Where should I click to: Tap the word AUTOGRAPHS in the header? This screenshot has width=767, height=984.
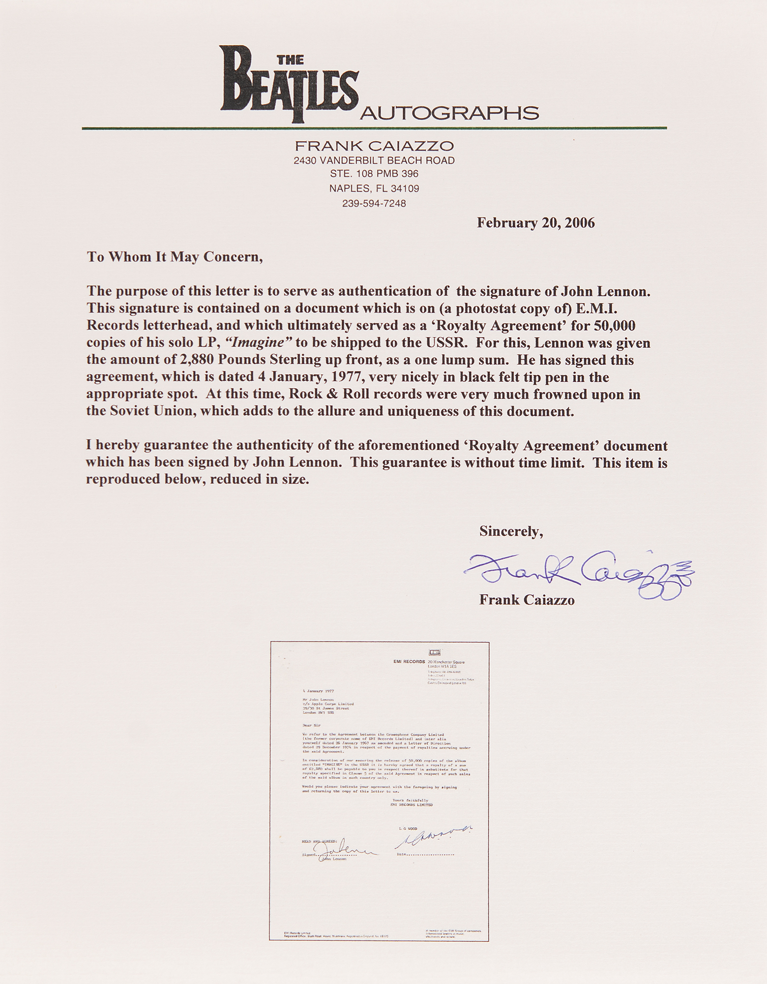(x=449, y=114)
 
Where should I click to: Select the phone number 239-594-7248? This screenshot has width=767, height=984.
(x=374, y=203)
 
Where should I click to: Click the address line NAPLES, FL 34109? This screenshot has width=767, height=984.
(x=374, y=188)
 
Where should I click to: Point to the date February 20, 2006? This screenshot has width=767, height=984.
(x=535, y=223)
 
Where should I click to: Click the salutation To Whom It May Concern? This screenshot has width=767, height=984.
(x=175, y=257)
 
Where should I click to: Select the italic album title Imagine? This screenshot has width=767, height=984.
(x=259, y=343)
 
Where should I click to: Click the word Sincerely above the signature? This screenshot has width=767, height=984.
(x=511, y=531)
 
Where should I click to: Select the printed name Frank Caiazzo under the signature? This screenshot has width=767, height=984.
(x=527, y=601)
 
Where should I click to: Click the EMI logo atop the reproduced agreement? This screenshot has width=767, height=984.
(x=435, y=652)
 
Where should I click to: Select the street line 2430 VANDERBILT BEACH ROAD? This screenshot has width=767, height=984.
(x=374, y=160)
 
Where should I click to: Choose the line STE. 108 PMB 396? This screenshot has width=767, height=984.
(x=374, y=174)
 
